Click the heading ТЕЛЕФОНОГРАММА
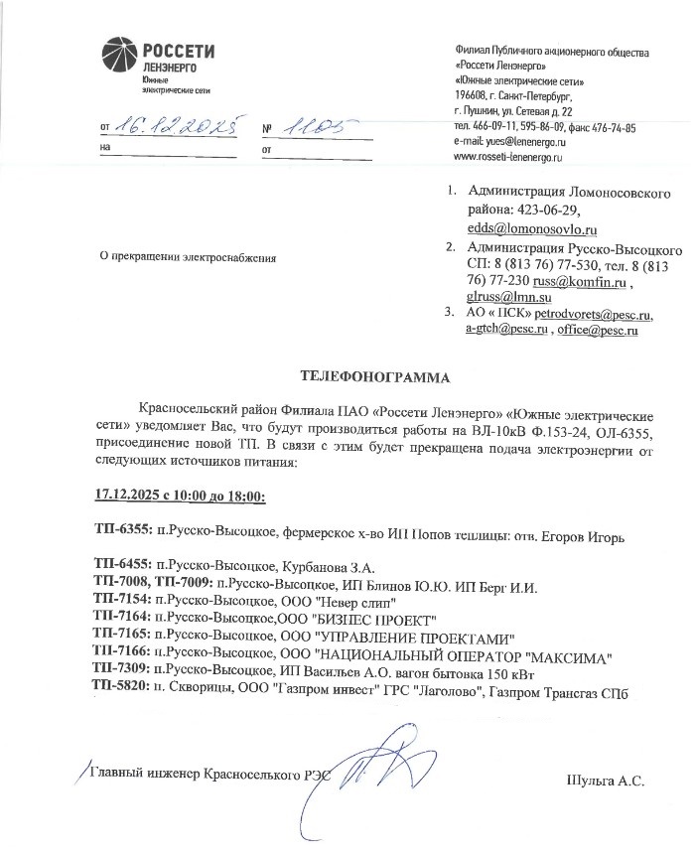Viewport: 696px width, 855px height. pos(373,377)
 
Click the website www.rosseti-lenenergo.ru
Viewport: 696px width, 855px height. pos(508,157)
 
